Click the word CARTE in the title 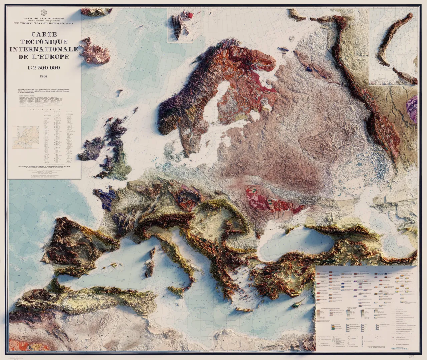pyautogui.click(x=44, y=34)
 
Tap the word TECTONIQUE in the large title pyautogui.click(x=44, y=42)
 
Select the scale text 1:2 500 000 pyautogui.click(x=44, y=68)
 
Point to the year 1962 pyautogui.click(x=44, y=76)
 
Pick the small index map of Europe pyautogui.click(x=26, y=137)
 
